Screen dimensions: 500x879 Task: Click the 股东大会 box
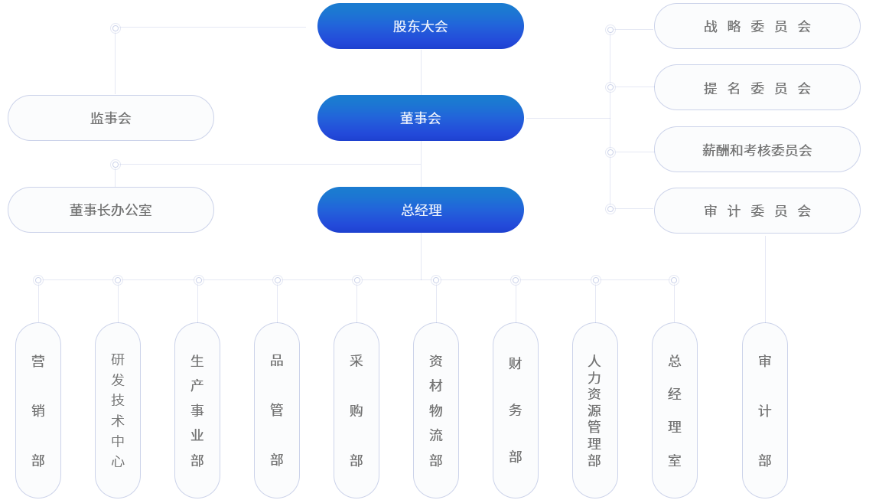coord(420,27)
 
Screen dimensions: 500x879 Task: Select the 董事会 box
coord(420,118)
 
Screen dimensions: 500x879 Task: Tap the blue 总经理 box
coord(420,210)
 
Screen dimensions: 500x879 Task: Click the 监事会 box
coord(111,118)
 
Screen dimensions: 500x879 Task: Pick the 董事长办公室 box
coord(111,210)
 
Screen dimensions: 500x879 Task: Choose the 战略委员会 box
coord(757,26)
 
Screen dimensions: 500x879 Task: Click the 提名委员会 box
coord(757,88)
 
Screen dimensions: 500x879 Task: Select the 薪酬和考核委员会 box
coord(757,150)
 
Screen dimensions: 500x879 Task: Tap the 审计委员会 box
coord(757,211)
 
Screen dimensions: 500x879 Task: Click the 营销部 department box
coord(38,410)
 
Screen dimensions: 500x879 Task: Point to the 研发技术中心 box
coord(118,410)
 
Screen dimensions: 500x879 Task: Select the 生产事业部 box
coord(197,410)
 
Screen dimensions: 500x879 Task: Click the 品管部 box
coord(277,410)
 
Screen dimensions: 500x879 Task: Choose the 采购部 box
coord(356,410)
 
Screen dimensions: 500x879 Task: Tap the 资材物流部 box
coord(436,410)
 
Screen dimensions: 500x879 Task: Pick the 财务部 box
coord(516,410)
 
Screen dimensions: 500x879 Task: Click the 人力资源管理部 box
coord(595,410)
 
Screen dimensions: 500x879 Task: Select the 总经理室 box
coord(675,410)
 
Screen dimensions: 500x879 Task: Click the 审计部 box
coord(765,410)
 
